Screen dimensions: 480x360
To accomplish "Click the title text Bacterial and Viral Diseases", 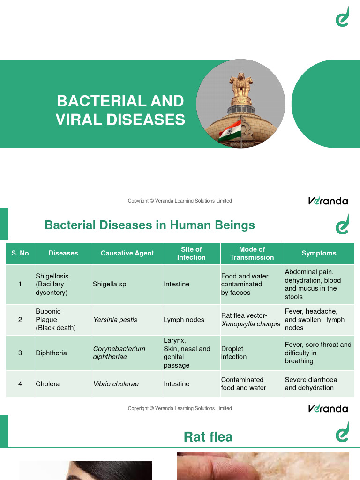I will coord(120,110).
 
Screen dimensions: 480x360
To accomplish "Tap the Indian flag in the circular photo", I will coord(230,130).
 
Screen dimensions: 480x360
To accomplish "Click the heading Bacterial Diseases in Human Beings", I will coord(150,225).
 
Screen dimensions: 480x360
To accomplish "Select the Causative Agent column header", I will coord(127,253).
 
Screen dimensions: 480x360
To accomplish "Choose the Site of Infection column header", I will coord(191,253).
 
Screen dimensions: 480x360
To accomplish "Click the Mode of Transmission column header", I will coord(252,253).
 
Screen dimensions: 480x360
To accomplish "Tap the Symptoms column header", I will coord(319,253).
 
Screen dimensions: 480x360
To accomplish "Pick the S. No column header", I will coord(20,253).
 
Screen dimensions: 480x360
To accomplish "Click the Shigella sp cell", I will coord(110,284).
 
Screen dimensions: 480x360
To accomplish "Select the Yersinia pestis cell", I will coord(115,320).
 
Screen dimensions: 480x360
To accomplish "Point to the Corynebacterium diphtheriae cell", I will coord(119,352).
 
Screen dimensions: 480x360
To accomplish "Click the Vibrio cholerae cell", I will coord(116,384).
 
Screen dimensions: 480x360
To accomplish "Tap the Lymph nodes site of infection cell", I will coord(184,320).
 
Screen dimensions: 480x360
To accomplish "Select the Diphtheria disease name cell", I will coord(52,353).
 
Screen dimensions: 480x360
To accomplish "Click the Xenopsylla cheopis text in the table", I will coord(250,324).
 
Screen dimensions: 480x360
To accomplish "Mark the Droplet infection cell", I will coord(234,352).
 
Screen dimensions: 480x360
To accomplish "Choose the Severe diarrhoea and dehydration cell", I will coord(311,383).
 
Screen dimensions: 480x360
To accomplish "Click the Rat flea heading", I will coord(208,437).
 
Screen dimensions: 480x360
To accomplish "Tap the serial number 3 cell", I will coord(20,353).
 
